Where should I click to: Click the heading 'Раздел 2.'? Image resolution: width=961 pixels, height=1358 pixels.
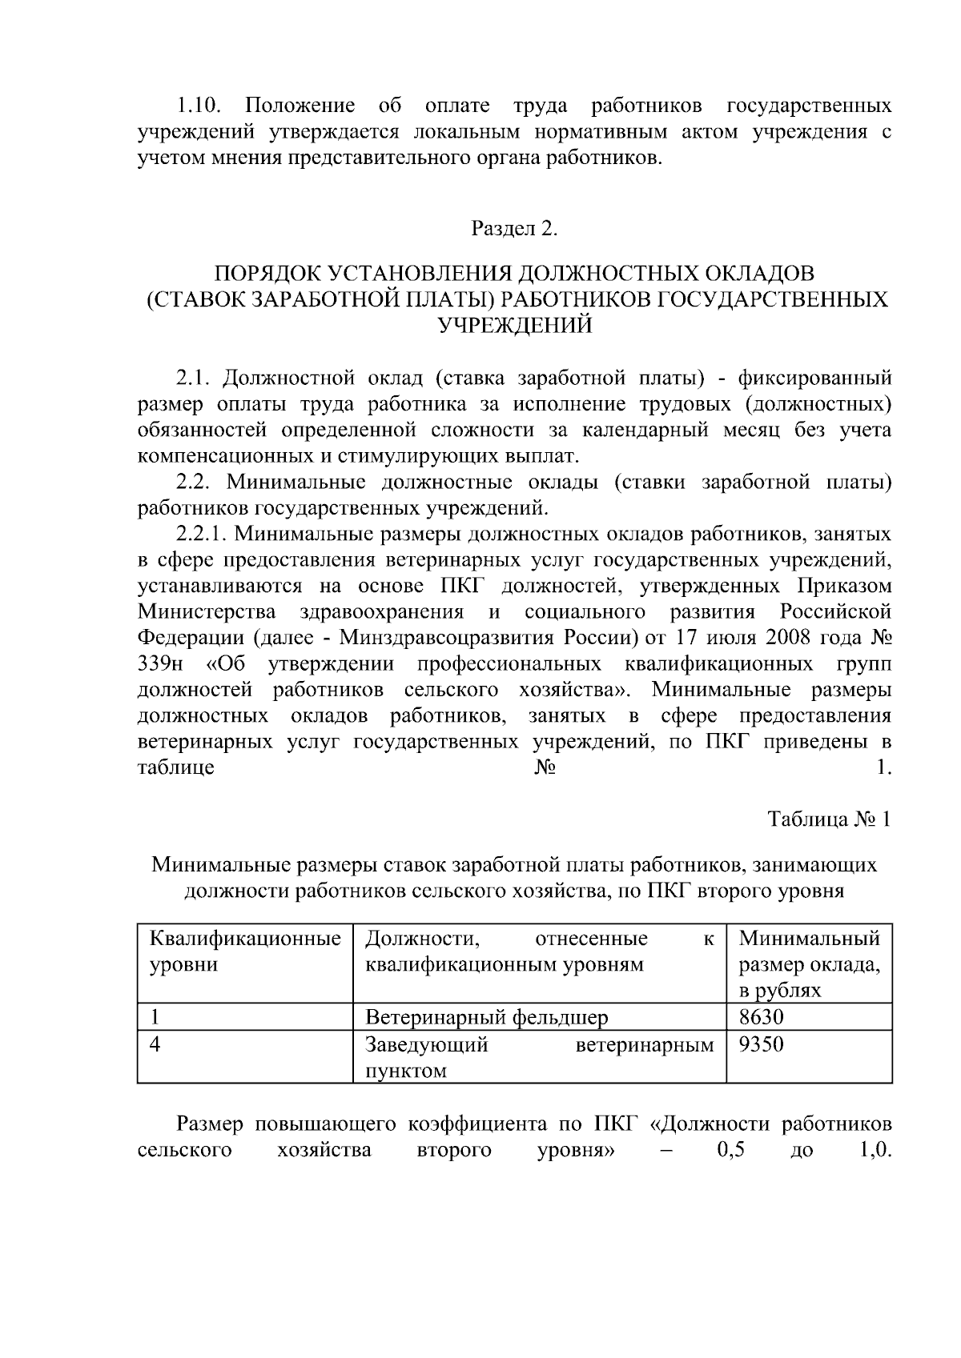(x=513, y=229)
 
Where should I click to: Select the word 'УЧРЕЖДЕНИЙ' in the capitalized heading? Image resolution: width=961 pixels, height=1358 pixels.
(x=513, y=326)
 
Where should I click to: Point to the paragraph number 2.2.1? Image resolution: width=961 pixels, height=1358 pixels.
(x=202, y=534)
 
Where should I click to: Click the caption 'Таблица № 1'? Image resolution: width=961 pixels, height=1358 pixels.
(x=829, y=819)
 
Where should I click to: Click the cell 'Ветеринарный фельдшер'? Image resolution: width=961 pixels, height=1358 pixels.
(x=486, y=1017)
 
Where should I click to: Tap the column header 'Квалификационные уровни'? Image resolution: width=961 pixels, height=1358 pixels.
(x=245, y=951)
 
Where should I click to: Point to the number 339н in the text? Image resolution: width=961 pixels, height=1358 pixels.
(x=160, y=664)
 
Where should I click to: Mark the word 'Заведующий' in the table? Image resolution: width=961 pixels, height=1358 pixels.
(x=426, y=1044)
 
